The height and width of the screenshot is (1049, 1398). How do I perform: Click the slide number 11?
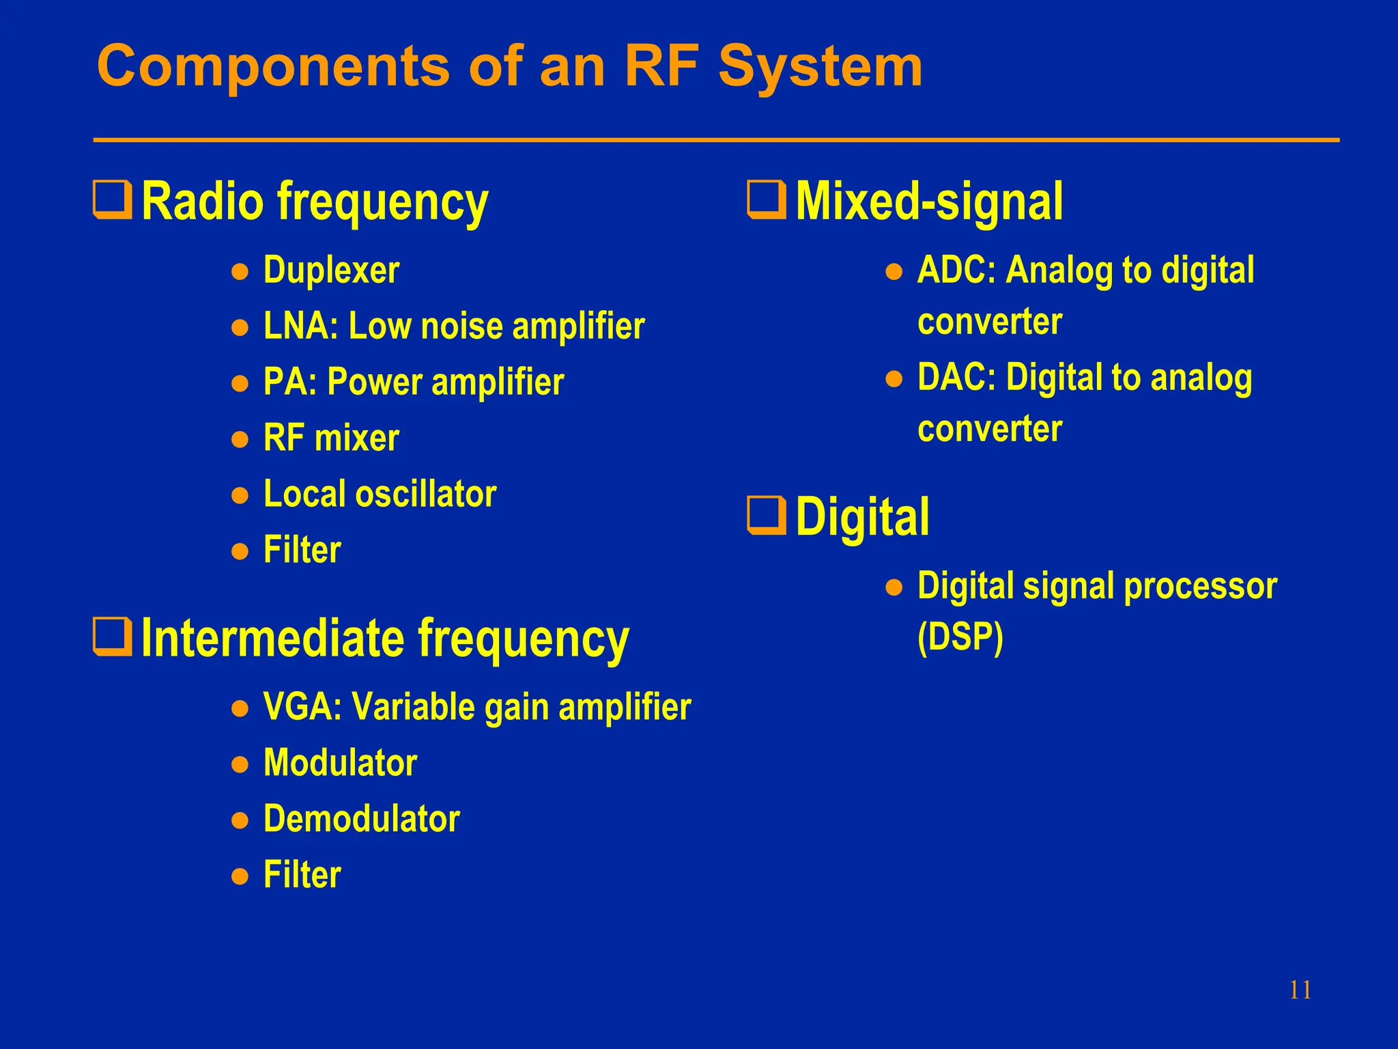click(x=1300, y=990)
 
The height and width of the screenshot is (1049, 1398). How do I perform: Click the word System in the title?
click(x=820, y=66)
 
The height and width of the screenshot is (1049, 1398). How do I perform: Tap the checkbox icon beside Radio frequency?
click(x=113, y=199)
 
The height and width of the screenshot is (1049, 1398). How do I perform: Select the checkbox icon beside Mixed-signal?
click(x=767, y=199)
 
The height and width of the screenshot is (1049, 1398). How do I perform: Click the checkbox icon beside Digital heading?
click(x=767, y=516)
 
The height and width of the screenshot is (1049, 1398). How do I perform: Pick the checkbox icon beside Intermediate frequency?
click(x=113, y=637)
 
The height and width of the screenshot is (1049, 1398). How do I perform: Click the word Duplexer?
click(x=331, y=270)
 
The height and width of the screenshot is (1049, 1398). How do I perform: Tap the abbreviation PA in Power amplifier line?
click(x=286, y=382)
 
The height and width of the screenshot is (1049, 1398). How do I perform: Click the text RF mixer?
click(x=331, y=438)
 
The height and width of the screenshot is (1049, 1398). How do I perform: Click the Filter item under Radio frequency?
click(x=302, y=550)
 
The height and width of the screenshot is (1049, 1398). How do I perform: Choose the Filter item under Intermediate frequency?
click(x=302, y=875)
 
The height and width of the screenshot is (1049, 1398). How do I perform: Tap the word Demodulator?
click(x=362, y=819)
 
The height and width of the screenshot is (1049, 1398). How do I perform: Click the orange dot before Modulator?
click(x=240, y=764)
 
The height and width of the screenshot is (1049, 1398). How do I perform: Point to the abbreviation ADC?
click(x=954, y=270)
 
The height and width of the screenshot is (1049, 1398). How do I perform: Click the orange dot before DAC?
click(x=894, y=379)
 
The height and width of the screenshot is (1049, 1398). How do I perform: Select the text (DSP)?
click(x=960, y=637)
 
